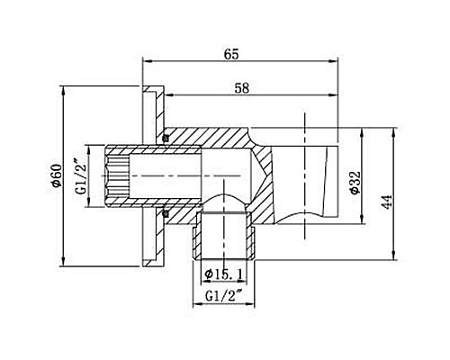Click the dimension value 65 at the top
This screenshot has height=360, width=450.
231,54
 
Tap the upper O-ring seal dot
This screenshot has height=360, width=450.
166,137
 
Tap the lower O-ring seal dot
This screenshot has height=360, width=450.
166,213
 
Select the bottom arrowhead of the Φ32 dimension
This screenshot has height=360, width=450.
362,225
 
